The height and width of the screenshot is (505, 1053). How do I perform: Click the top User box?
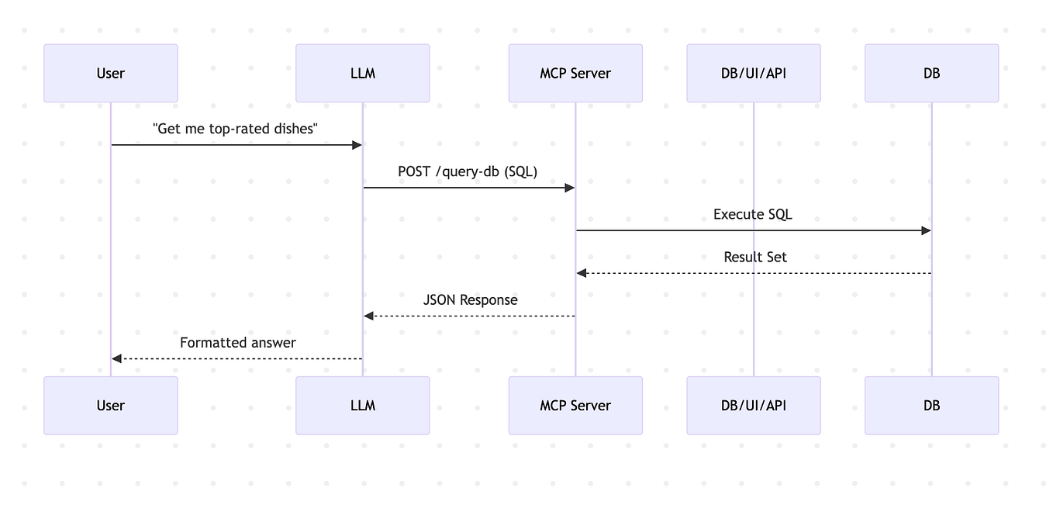(x=110, y=73)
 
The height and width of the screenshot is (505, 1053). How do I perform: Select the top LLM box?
(x=362, y=73)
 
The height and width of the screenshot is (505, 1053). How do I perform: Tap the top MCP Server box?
(x=575, y=73)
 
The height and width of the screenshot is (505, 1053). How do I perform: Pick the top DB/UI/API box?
(x=753, y=73)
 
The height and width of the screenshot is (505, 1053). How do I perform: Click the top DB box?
(x=931, y=73)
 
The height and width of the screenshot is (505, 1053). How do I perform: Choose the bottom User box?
(x=110, y=405)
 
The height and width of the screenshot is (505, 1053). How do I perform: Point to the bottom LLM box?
(x=362, y=405)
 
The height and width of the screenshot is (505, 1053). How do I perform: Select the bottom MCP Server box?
(x=575, y=405)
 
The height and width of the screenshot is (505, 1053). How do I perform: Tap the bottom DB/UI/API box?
(x=753, y=405)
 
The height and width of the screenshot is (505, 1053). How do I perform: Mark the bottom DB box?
(x=931, y=405)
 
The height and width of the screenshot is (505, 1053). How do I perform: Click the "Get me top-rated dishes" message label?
(x=236, y=129)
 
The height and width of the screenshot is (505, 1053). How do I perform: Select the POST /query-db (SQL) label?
(x=468, y=171)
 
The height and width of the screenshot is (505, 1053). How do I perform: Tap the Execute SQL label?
(x=753, y=214)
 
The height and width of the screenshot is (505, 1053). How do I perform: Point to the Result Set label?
(x=754, y=257)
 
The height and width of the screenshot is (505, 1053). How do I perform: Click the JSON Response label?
(x=470, y=299)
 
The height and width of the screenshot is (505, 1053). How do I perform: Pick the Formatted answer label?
(x=237, y=342)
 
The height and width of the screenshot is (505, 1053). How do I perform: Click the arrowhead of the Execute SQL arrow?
(x=926, y=230)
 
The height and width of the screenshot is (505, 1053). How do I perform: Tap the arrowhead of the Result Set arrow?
(x=582, y=273)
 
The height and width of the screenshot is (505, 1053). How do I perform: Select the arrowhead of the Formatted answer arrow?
(x=117, y=358)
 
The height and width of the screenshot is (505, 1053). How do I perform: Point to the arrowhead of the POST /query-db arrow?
(x=569, y=188)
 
